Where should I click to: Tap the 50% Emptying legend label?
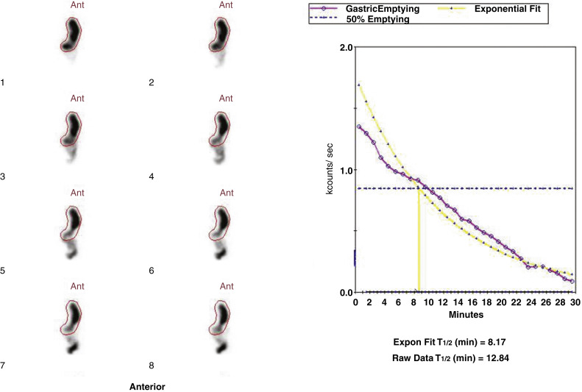tap(377, 19)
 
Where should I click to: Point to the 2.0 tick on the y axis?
tap(344, 47)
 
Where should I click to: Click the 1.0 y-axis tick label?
tap(344, 170)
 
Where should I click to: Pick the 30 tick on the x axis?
tap(572, 302)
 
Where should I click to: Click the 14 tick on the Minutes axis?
tap(457, 302)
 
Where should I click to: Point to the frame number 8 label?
tap(152, 366)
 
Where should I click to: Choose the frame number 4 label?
tap(152, 177)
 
